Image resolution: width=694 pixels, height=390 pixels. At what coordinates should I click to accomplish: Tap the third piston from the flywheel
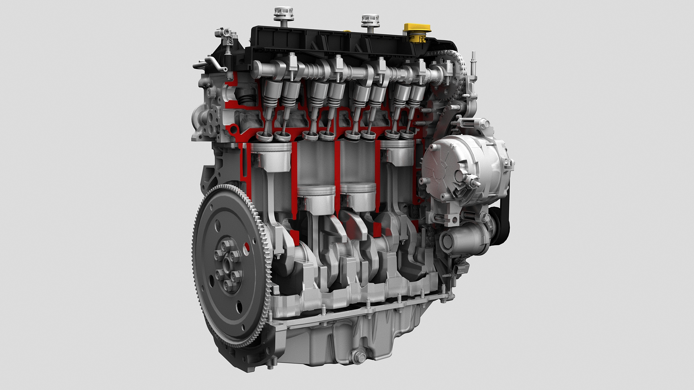358,197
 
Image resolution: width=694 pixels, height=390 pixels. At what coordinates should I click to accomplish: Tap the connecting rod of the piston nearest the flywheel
272,202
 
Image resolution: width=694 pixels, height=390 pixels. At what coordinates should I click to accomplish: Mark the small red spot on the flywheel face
247,247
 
